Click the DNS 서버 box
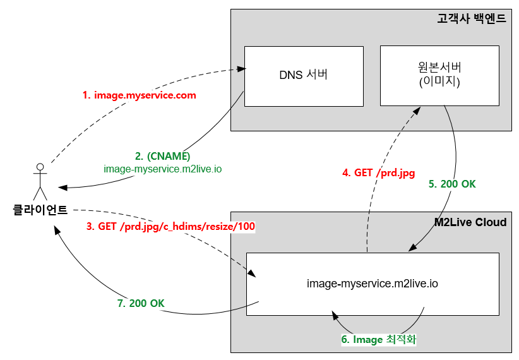[x=303, y=76]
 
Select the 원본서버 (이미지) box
[x=439, y=75]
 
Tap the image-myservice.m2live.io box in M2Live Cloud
[x=373, y=284]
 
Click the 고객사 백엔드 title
[x=471, y=19]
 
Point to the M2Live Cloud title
[x=470, y=222]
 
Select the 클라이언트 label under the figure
[x=40, y=210]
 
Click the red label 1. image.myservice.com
[x=140, y=95]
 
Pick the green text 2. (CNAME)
[x=162, y=157]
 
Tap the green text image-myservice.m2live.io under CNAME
[x=162, y=169]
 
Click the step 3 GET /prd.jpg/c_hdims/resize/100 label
[x=170, y=226]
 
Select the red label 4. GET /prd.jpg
[x=378, y=172]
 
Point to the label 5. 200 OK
[x=452, y=184]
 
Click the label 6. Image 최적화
[x=379, y=340]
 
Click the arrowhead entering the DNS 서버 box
[x=241, y=69]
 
